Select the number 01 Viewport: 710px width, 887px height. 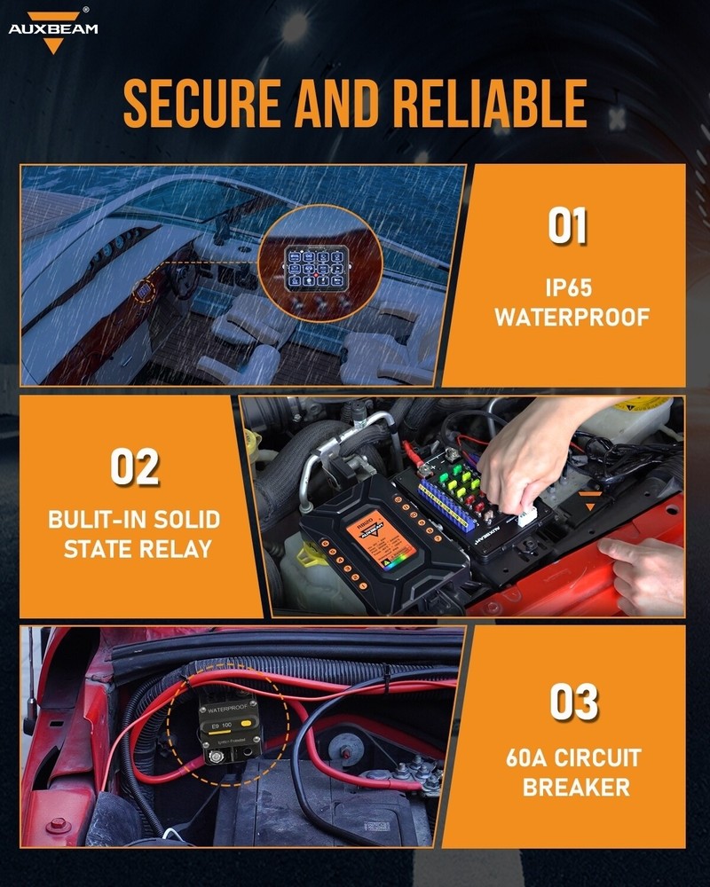567,225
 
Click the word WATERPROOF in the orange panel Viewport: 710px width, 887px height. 572,317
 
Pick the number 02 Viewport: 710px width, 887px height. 135,467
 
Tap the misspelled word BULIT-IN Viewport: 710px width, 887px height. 89,519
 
